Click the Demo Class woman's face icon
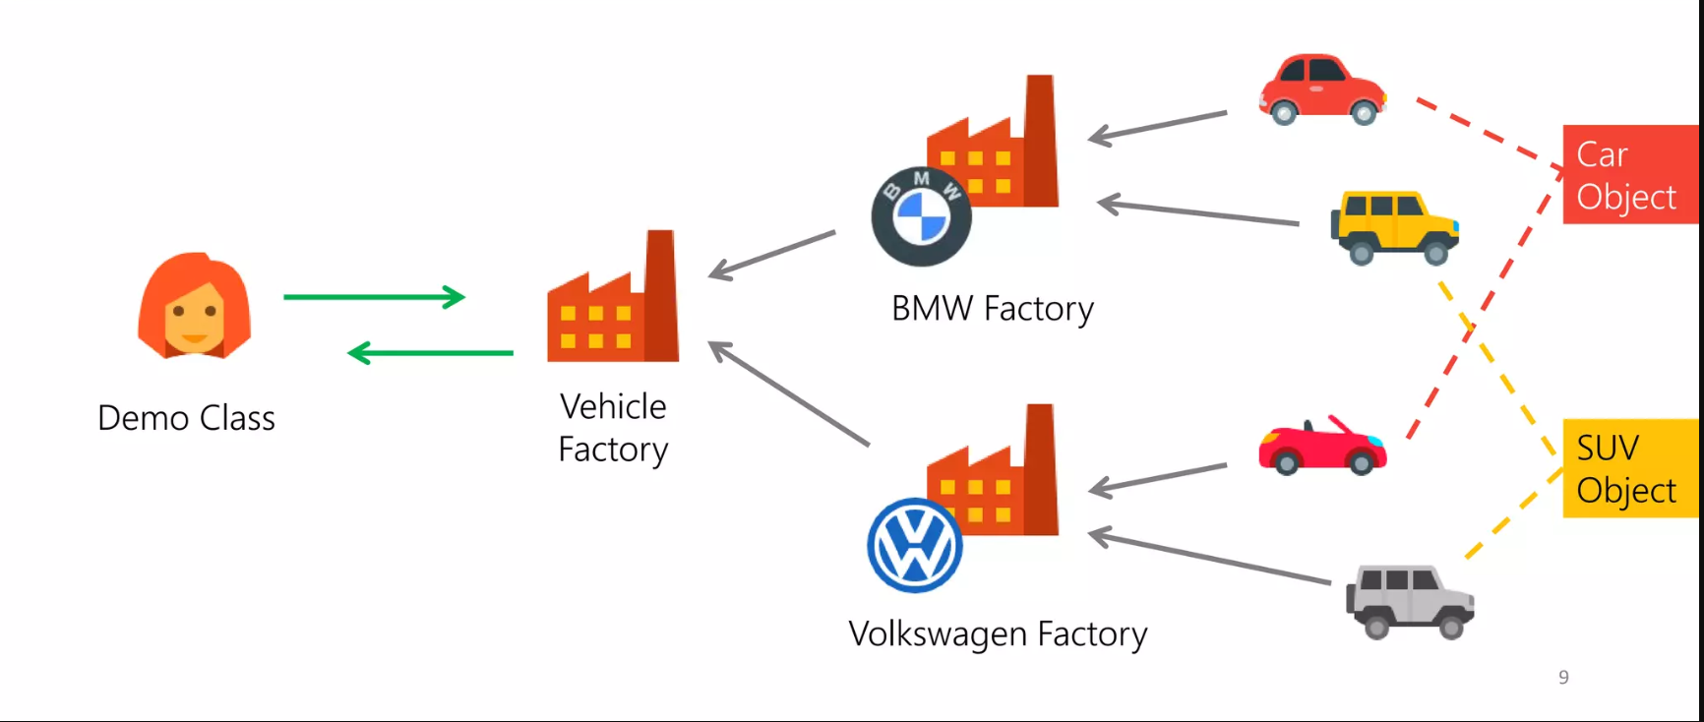[195, 307]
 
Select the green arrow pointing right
[374, 296]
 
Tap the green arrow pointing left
[431, 352]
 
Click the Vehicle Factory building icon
[613, 300]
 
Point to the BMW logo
[921, 216]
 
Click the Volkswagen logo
[915, 546]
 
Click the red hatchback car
[1322, 90]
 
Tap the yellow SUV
[1394, 227]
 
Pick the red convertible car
[1322, 448]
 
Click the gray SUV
[1409, 600]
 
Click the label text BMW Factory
[992, 309]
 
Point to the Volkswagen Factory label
[998, 634]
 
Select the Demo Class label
[186, 418]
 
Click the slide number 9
[1563, 677]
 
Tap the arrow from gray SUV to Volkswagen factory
[1210, 558]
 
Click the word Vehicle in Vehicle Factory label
[613, 406]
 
